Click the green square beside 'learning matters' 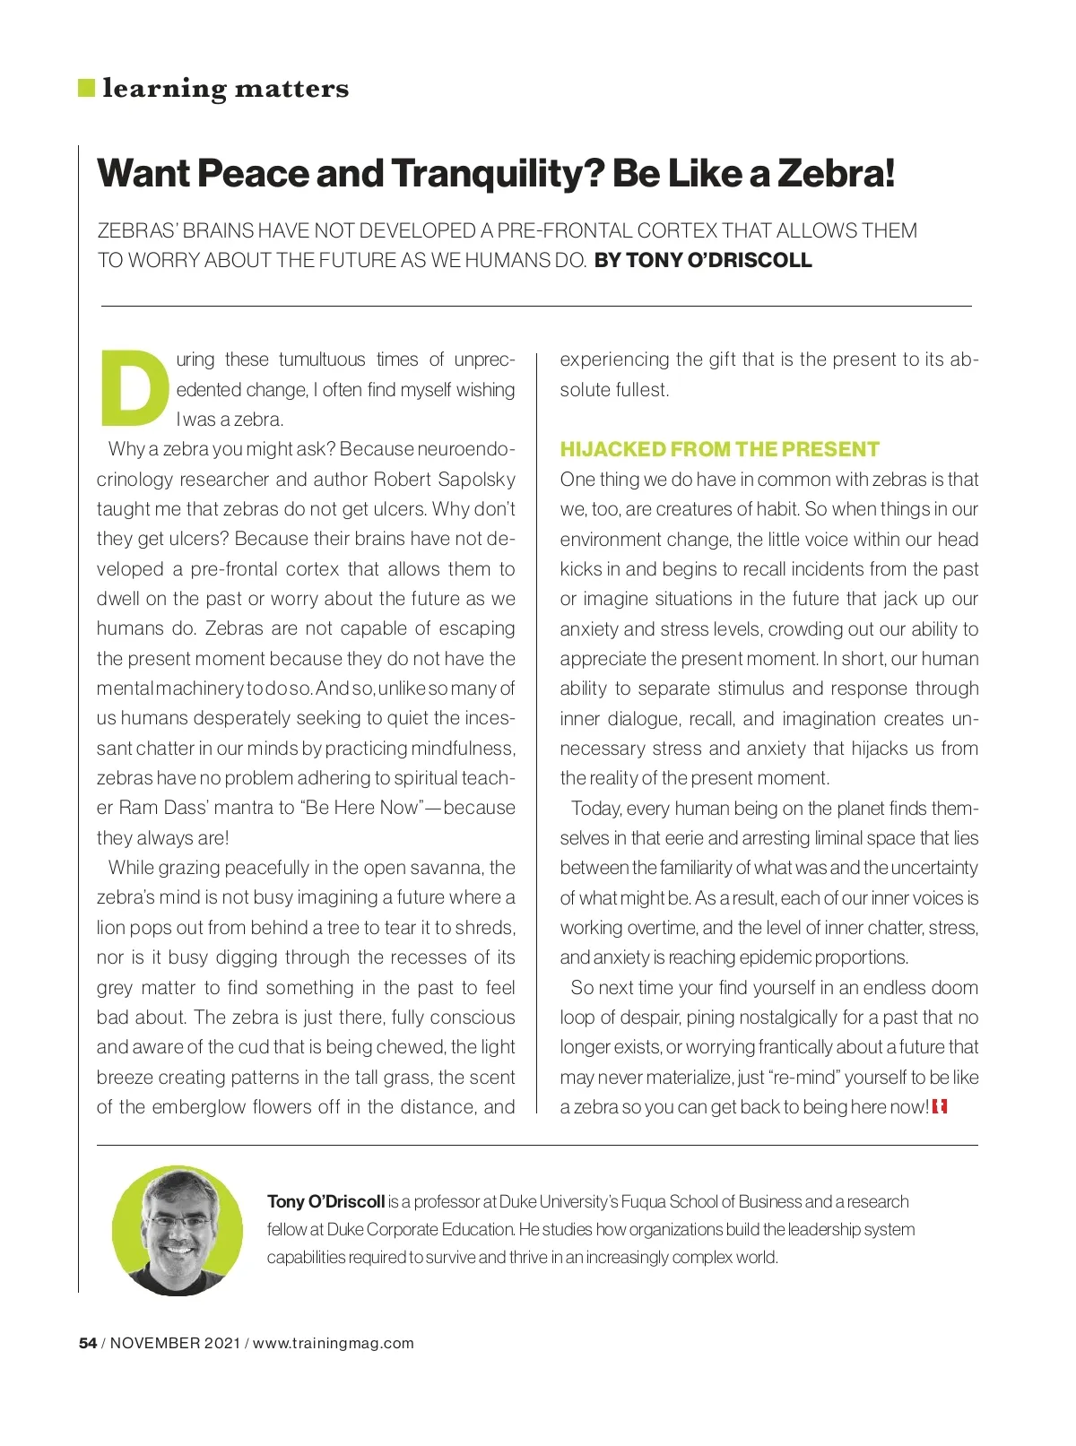(x=87, y=88)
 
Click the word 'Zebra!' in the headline (x=836, y=173)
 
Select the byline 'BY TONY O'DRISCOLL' (x=703, y=261)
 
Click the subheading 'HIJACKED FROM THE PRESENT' (x=719, y=449)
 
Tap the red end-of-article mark (x=940, y=1107)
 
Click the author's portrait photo (x=178, y=1231)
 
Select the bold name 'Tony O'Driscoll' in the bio (x=325, y=1202)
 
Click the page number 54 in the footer (x=88, y=1343)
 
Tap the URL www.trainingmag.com (x=334, y=1343)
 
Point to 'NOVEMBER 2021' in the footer (x=175, y=1343)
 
